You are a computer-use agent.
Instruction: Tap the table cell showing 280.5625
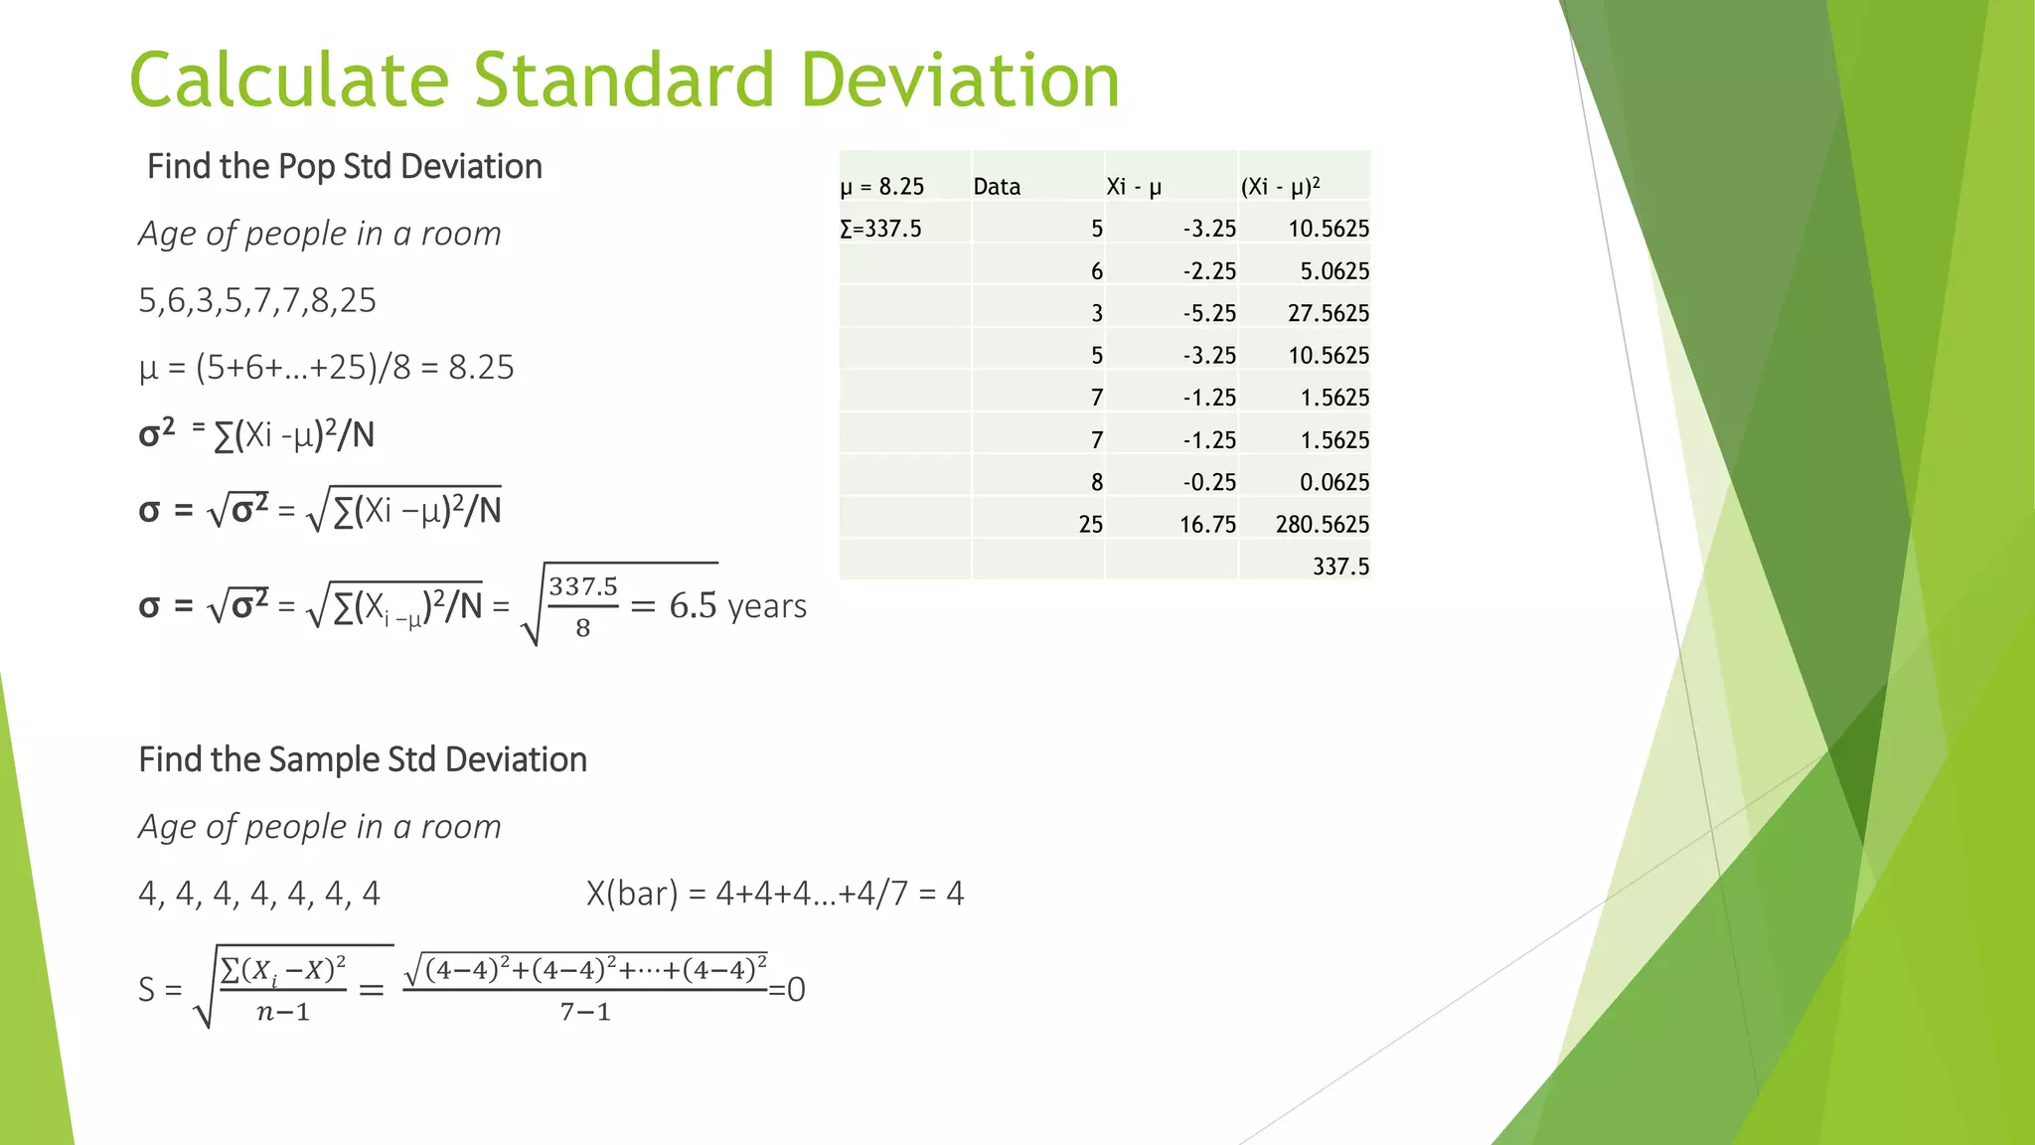1322,524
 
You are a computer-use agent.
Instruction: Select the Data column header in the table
997,187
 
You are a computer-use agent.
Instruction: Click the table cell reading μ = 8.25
882,187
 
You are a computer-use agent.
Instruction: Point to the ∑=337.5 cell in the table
881,229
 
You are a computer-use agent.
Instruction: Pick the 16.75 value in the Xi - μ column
1207,524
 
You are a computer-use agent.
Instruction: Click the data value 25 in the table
1090,524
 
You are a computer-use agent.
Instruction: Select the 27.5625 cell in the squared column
1328,313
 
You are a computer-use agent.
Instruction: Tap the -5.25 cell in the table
1209,313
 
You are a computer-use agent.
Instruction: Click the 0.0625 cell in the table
1333,482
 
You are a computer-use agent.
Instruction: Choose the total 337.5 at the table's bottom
1340,567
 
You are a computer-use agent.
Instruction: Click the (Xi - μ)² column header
1280,187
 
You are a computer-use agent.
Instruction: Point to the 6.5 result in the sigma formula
693,605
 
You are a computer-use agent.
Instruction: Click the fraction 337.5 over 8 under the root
583,606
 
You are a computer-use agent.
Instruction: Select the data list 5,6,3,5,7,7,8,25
257,300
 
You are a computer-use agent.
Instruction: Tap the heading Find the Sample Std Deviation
363,759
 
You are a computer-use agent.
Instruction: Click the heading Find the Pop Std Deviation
345,166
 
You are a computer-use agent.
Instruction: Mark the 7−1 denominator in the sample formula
585,1012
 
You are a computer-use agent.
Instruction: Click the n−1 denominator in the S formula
283,1013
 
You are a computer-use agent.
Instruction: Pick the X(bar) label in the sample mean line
631,894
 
